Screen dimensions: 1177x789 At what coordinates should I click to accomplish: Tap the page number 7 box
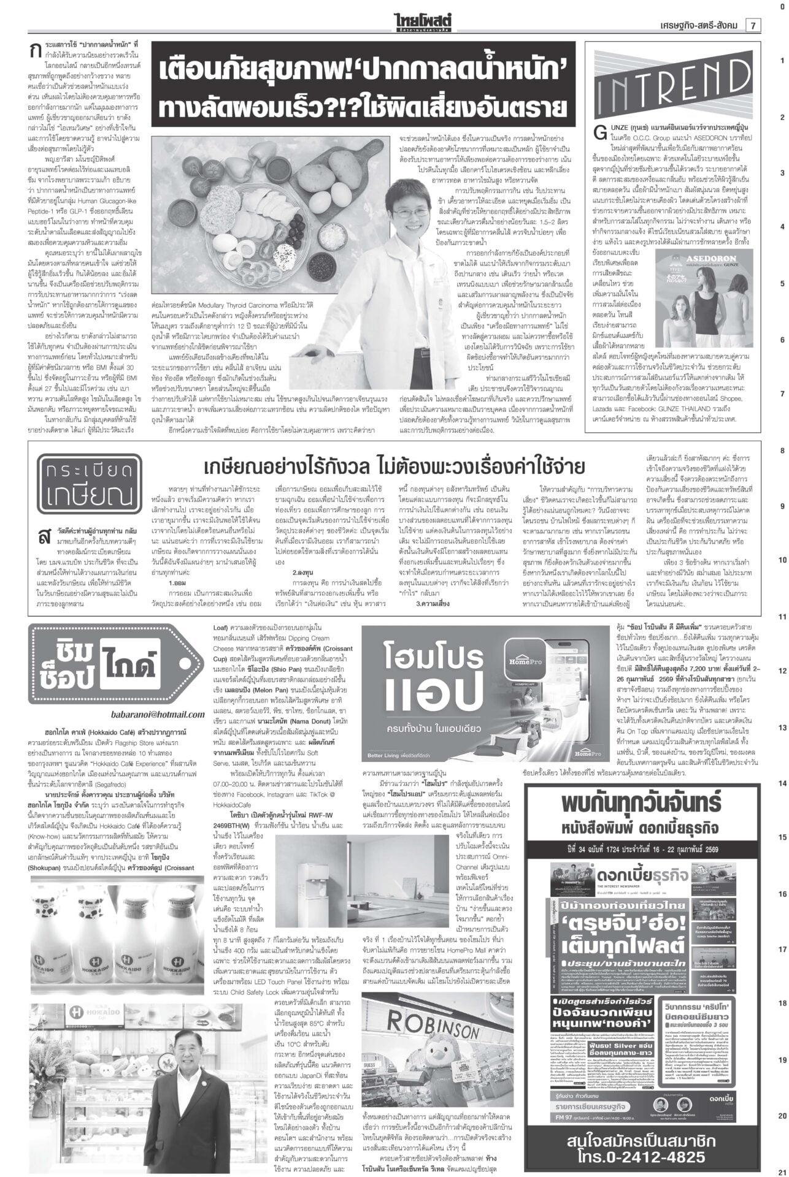click(752, 25)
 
